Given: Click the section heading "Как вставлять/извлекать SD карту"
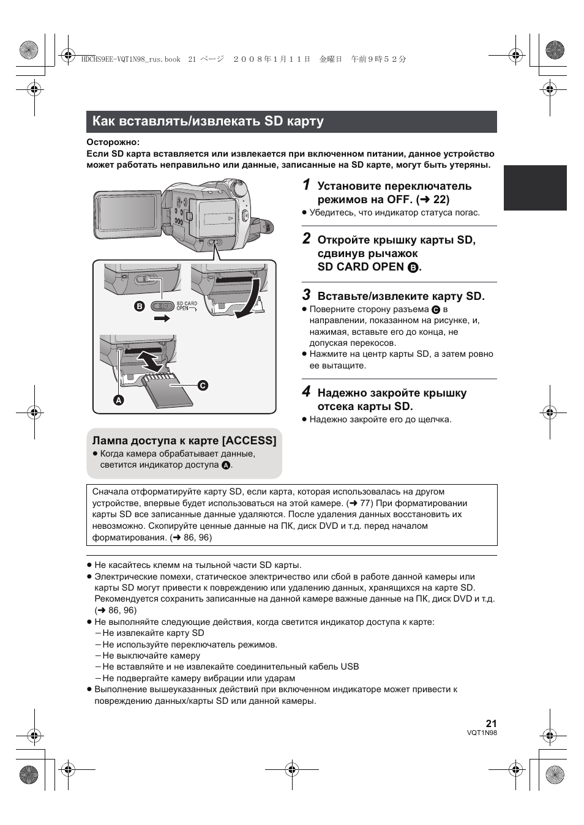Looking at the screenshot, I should click(x=208, y=121).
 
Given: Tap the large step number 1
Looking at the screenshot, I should click(x=307, y=185).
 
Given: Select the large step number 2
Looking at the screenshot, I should click(x=307, y=239).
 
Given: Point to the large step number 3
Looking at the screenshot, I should click(x=307, y=294).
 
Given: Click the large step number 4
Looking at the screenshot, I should click(x=307, y=391).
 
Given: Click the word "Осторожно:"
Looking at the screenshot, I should click(x=113, y=143).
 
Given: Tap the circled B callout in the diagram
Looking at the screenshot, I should click(x=140, y=306).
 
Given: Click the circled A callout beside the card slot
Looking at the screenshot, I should click(x=119, y=400).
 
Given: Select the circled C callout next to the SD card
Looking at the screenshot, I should click(x=203, y=385).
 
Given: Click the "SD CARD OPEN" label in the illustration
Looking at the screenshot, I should click(x=187, y=306).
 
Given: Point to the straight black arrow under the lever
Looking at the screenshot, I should click(x=162, y=318).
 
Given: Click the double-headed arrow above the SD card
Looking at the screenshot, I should click(x=149, y=360).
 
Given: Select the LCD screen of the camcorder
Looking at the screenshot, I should click(x=127, y=214).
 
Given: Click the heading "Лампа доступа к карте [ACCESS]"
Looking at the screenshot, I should click(x=184, y=441).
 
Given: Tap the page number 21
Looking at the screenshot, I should click(x=491, y=723).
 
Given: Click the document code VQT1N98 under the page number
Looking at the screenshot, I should click(x=482, y=733).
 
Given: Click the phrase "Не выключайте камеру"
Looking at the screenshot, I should click(x=151, y=655).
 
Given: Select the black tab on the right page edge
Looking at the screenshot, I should click(x=535, y=188).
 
